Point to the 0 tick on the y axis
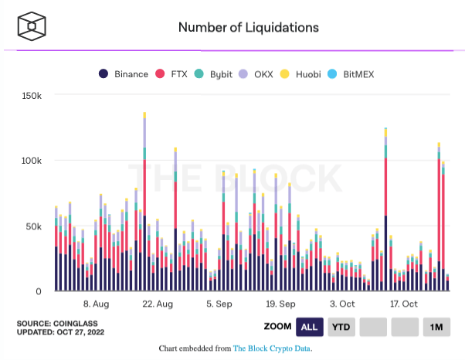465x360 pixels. (x=38, y=291)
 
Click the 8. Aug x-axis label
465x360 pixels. (x=97, y=304)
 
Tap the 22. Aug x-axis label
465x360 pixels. (x=158, y=304)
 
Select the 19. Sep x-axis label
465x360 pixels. (x=280, y=304)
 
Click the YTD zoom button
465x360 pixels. (x=340, y=327)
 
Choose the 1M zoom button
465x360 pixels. (x=436, y=327)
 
